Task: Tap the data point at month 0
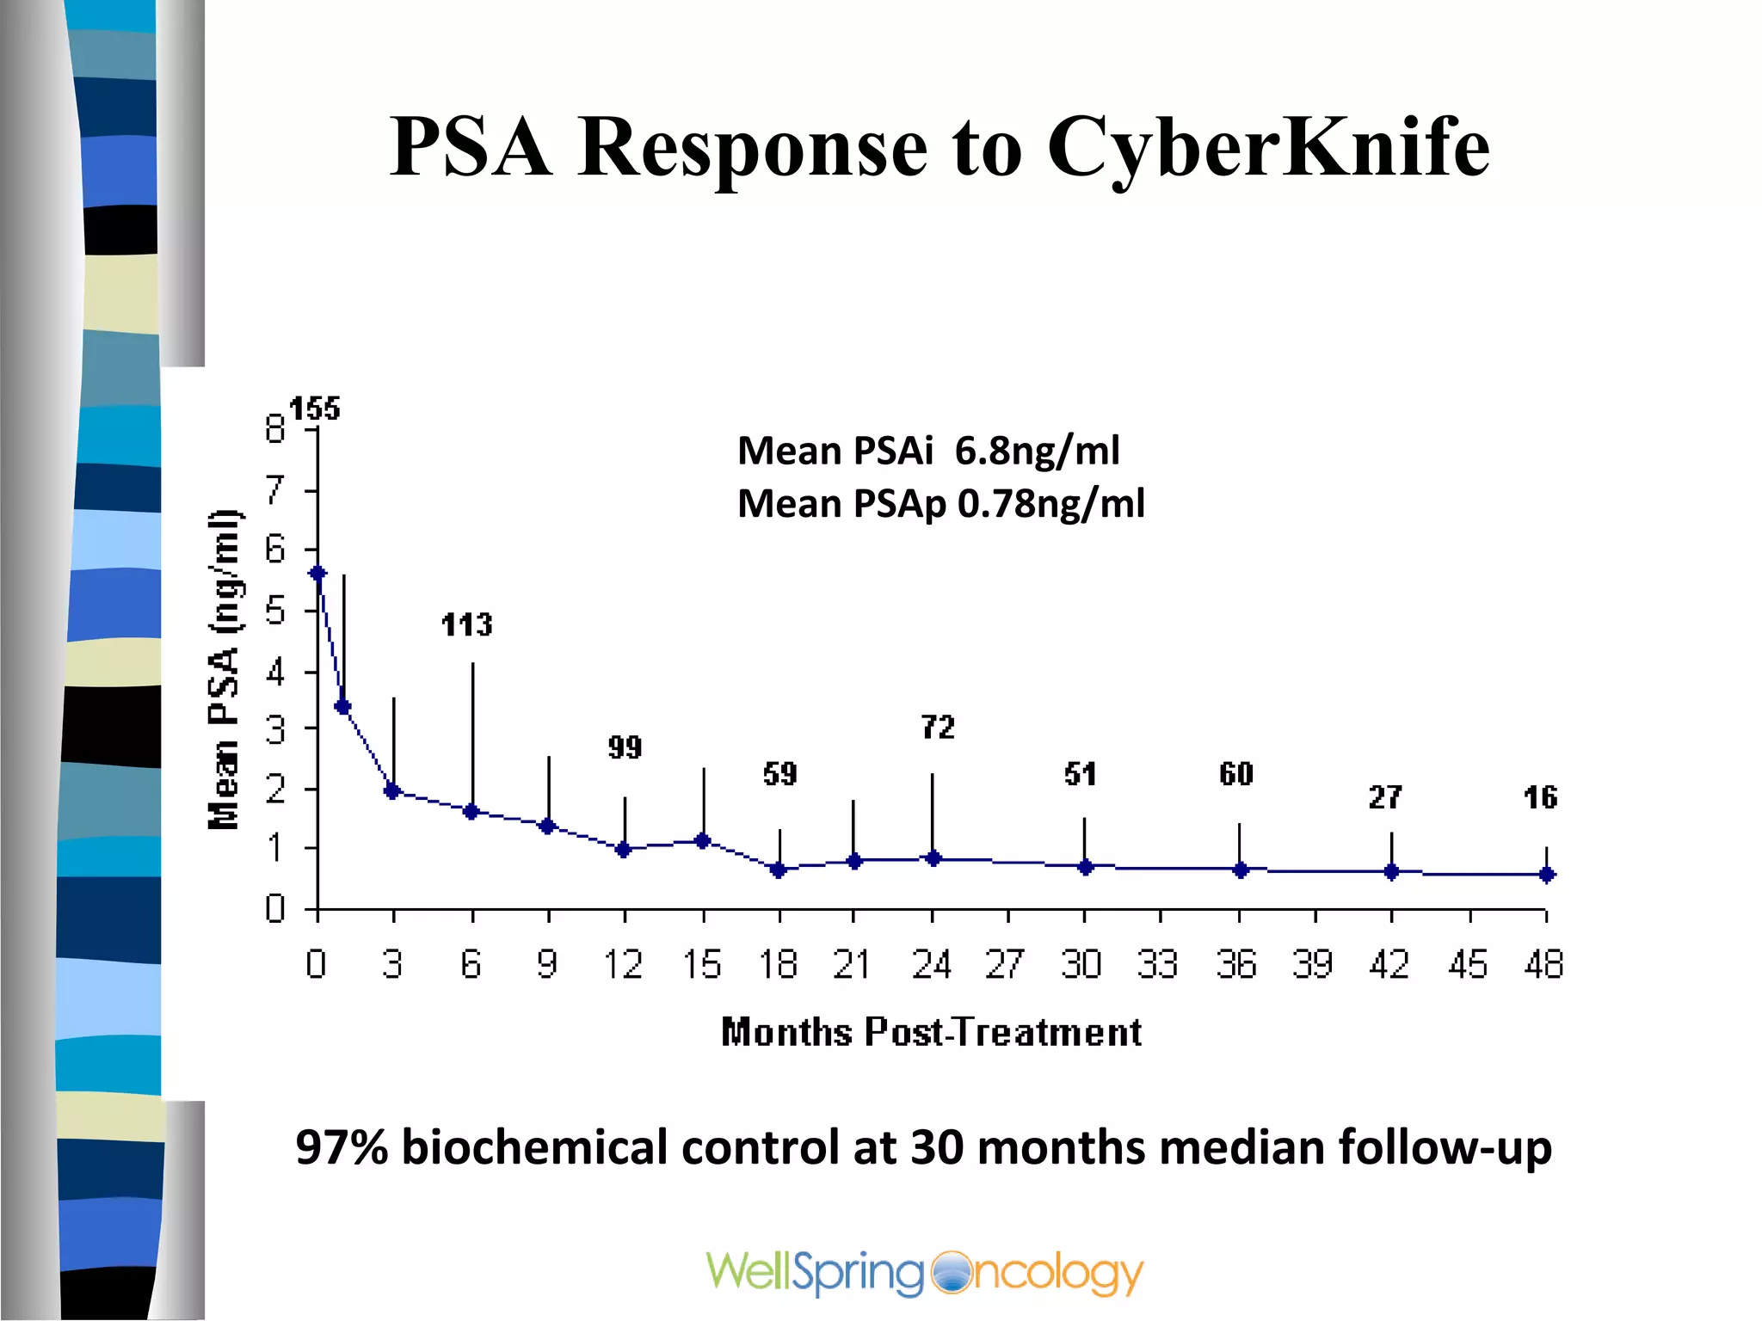(x=317, y=573)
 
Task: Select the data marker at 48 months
(x=1546, y=875)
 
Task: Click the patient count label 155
(x=314, y=409)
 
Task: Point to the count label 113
(x=466, y=624)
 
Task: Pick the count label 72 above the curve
(x=937, y=728)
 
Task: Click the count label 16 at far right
(x=1539, y=797)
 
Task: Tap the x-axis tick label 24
(x=931, y=964)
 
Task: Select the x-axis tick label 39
(x=1312, y=964)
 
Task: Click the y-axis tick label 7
(x=274, y=490)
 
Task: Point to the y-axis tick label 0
(x=274, y=907)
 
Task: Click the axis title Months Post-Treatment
(x=931, y=1032)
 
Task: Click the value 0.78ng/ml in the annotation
(x=1050, y=503)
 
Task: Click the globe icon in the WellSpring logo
(x=950, y=1273)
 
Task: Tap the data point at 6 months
(x=471, y=811)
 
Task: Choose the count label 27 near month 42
(x=1384, y=797)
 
